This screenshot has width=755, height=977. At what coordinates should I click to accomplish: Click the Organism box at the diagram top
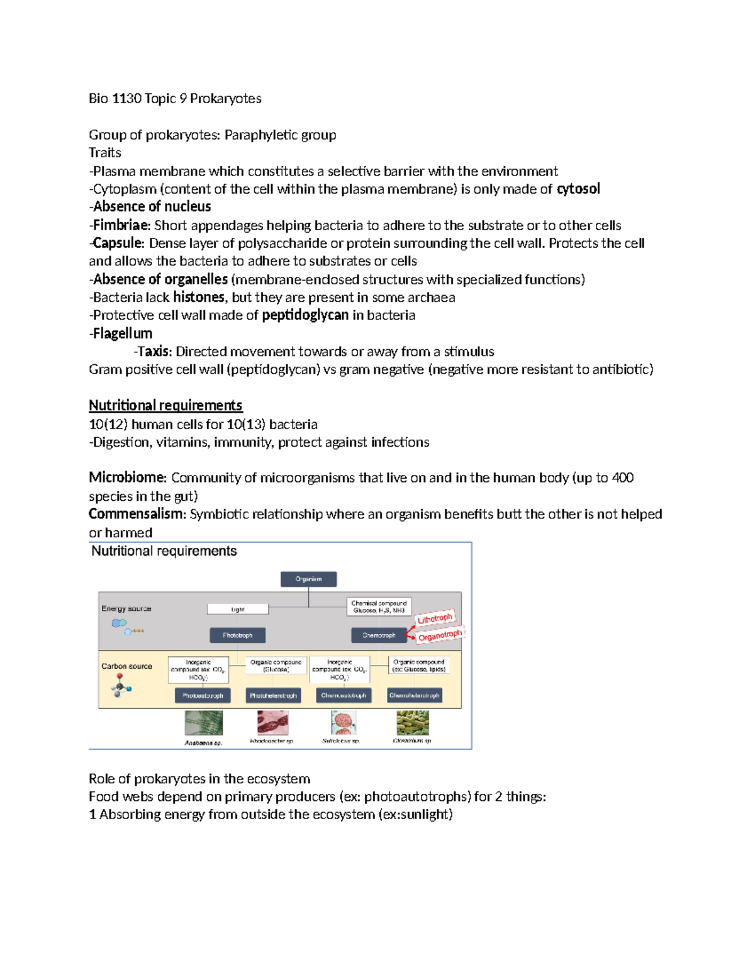coord(308,579)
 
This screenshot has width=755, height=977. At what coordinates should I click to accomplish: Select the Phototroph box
coord(237,635)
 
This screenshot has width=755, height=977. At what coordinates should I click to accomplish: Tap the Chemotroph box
coord(379,635)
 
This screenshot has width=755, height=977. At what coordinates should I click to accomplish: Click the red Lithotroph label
coord(435,618)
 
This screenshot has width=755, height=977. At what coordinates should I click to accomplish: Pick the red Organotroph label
coord(440,636)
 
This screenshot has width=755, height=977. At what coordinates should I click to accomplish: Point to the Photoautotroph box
coord(203,695)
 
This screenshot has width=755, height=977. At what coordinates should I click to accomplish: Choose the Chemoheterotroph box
coord(414,695)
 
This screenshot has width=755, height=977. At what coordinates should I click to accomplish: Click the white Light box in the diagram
coord(238,609)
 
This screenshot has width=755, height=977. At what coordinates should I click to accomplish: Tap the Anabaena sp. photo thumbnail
coord(203,723)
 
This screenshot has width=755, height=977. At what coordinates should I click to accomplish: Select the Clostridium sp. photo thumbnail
coord(413,723)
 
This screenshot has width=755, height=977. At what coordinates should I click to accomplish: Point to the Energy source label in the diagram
coord(126,608)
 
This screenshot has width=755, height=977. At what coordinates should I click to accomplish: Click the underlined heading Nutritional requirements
coord(165,405)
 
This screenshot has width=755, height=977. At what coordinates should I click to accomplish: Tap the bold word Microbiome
coord(126,477)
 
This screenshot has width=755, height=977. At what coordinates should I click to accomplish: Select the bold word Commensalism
coord(137,514)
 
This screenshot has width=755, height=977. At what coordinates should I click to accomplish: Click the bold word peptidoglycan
coord(305,315)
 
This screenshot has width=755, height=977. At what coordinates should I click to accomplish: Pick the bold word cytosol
coord(578,189)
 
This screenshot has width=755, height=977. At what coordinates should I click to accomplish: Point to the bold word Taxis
coord(154,352)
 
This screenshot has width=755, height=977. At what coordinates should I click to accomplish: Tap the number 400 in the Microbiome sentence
coord(622,477)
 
